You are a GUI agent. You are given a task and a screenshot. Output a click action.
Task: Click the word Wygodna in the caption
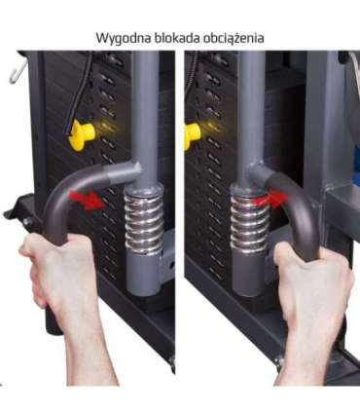pos(122,37)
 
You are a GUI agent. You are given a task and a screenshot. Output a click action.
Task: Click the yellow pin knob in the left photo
pos(82,134)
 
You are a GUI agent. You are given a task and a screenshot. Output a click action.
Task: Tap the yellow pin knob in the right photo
pos(191,134)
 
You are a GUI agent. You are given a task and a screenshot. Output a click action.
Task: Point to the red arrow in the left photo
pos(90,200)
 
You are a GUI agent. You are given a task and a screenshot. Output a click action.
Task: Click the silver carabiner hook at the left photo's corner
pos(16,69)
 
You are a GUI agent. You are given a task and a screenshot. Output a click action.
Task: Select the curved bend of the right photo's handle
pos(292,195)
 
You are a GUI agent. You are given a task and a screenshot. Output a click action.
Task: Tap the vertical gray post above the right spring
pos(250,107)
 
